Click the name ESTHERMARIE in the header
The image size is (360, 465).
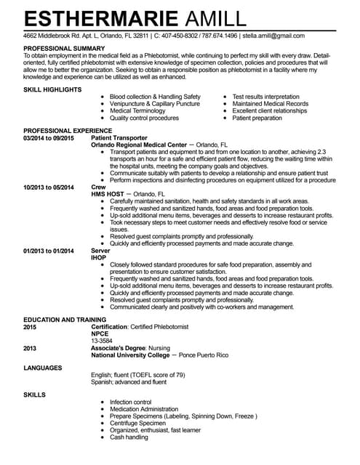click(x=100, y=18)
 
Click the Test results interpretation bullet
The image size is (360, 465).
click(x=265, y=97)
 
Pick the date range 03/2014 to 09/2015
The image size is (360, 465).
click(x=49, y=137)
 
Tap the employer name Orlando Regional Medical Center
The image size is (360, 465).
click(x=139, y=145)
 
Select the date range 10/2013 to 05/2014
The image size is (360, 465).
click(x=49, y=187)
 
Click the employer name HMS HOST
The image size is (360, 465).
click(x=107, y=194)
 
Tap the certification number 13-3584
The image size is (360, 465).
click(x=102, y=341)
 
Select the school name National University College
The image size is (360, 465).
click(x=134, y=355)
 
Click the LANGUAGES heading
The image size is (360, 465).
click(x=44, y=368)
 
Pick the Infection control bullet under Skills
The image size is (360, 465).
click(x=130, y=402)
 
